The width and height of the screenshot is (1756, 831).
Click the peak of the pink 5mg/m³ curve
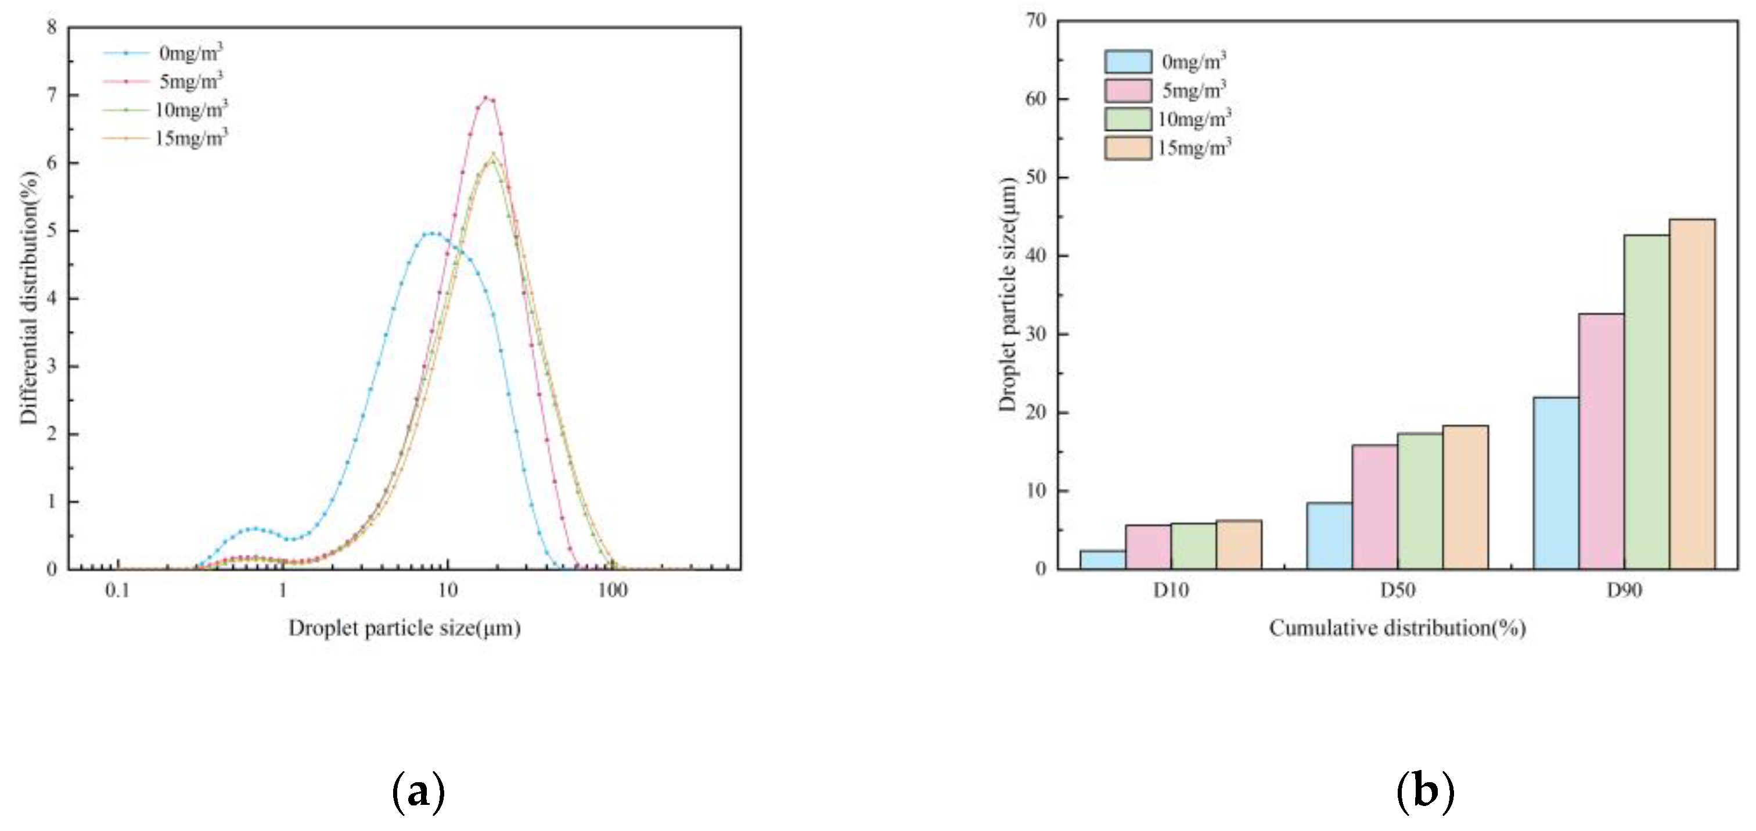[x=485, y=97]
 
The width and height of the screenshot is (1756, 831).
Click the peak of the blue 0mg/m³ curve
[x=432, y=234]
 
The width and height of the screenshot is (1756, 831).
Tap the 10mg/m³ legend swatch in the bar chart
[x=1128, y=119]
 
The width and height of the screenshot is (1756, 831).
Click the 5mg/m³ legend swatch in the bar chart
[x=1128, y=90]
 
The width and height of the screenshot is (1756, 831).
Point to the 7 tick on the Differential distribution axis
[x=52, y=95]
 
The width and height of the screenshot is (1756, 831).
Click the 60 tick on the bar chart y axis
[x=1035, y=99]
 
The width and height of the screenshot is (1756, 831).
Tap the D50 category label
[x=1398, y=590]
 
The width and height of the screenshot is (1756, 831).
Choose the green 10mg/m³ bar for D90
[x=1647, y=402]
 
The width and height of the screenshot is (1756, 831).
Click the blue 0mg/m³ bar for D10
[x=1103, y=560]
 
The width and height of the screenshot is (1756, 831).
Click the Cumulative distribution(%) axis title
[x=1398, y=628]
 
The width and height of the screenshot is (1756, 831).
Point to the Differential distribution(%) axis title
[x=28, y=298]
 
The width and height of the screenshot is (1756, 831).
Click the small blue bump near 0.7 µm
[x=254, y=529]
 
